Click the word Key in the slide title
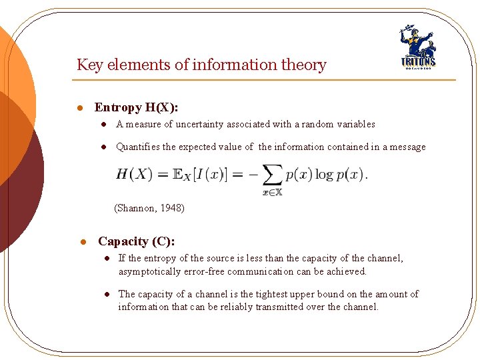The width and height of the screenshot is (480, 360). (x=87, y=65)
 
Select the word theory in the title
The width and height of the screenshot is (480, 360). (x=305, y=65)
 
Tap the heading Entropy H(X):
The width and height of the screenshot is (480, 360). (x=136, y=107)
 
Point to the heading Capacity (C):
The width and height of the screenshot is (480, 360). (x=137, y=241)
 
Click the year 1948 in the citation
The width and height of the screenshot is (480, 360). (x=172, y=208)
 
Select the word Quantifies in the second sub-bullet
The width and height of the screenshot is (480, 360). (x=138, y=147)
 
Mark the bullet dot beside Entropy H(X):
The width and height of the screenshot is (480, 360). (x=79, y=108)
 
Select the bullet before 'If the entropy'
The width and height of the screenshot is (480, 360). (x=105, y=259)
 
